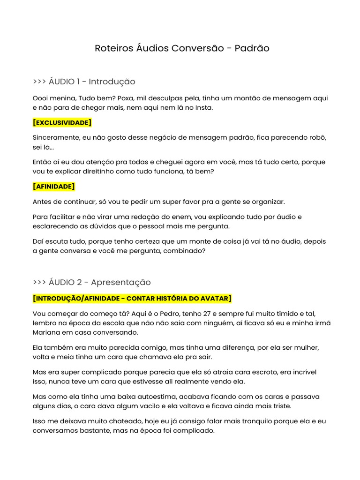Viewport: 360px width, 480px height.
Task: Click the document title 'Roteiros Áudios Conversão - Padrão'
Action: pyautogui.click(x=182, y=48)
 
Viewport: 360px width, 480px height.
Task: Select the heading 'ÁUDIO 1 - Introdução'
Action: pyautogui.click(x=92, y=82)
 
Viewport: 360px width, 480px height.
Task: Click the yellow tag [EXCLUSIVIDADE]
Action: pyautogui.click(x=62, y=123)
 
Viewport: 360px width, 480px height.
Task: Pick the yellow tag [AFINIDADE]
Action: pyautogui.click(x=54, y=187)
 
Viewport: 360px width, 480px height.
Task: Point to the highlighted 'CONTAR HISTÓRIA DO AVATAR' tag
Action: pyautogui.click(x=179, y=299)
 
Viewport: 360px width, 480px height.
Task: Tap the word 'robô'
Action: pyautogui.click(x=317, y=138)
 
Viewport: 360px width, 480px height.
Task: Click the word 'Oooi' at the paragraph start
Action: pyautogui.click(x=41, y=98)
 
